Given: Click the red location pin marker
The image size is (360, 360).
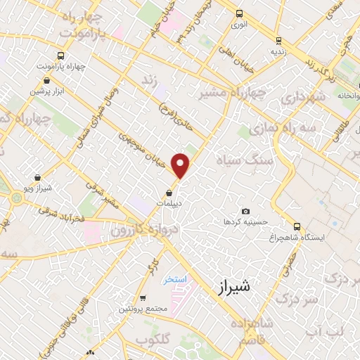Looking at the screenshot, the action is tap(181, 165).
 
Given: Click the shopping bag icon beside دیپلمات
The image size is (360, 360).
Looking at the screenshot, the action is tap(169, 193).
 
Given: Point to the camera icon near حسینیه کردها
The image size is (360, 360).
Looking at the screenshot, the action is tap(245, 212).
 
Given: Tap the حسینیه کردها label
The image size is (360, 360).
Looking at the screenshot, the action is tap(246, 221).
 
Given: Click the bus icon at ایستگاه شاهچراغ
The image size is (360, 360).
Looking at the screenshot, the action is tap(297, 227).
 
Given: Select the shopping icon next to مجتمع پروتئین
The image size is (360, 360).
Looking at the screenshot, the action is tap(143, 297).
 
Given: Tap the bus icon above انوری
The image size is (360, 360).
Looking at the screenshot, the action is tap(240, 13).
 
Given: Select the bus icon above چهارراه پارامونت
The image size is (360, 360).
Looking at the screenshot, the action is tap(62, 56).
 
